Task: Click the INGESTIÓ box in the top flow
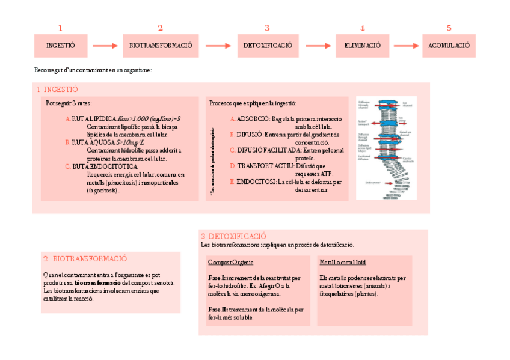61,46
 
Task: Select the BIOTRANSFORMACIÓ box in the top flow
161,46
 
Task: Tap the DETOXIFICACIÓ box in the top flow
267,46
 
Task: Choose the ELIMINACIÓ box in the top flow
362,46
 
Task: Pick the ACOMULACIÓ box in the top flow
449,46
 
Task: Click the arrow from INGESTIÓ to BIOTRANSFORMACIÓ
106,46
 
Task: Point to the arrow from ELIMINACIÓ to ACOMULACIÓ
406,46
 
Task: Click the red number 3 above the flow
267,28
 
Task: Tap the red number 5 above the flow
449,28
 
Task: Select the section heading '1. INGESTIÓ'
58,89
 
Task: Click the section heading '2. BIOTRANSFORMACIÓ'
85,259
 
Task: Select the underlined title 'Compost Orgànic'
230,263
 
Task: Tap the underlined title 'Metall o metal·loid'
343,263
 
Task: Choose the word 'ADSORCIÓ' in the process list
253,119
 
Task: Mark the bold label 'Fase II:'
217,310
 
